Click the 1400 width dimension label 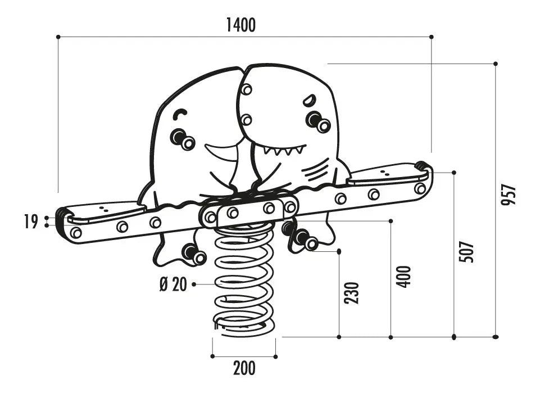pos(241,25)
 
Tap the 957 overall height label pos(509,195)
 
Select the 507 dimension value pos(466,252)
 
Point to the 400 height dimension pos(403,277)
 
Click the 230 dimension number pos(352,293)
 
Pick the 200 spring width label pos(244,368)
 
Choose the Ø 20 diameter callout pos(173,284)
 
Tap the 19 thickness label pos(31,222)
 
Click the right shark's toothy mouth pos(284,150)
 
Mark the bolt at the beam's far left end pos(76,233)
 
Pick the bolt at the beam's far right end pos(420,188)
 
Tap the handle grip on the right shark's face pos(318,121)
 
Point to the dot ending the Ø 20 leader pos(194,284)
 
